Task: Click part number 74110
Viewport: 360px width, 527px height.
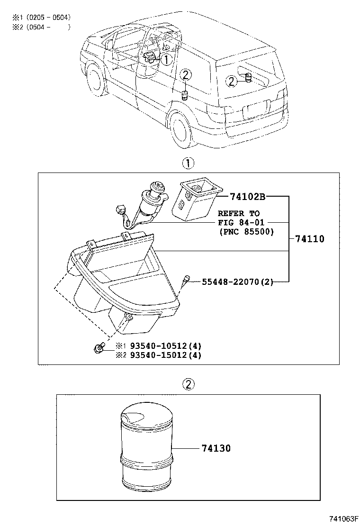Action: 310,239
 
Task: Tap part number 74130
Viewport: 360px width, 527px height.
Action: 216,448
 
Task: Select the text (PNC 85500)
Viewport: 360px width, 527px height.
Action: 246,232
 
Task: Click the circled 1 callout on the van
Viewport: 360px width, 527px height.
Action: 166,59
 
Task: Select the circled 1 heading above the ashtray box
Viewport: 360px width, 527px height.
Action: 188,164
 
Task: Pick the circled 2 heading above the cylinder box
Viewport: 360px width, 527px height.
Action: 188,384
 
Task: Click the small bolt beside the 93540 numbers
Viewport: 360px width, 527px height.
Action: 98,349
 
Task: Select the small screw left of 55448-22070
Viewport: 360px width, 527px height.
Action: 186,280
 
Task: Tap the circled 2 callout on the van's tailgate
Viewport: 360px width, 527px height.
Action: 231,82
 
